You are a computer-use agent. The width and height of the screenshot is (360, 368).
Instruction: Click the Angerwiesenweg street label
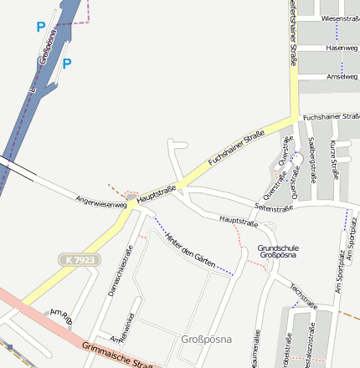100,201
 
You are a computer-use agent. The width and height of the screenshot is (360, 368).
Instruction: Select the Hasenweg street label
341,49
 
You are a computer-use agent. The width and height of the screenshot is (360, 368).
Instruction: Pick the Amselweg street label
342,76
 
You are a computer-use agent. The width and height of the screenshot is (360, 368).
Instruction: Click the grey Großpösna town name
205,340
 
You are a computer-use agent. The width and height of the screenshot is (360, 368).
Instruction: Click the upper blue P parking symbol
40,27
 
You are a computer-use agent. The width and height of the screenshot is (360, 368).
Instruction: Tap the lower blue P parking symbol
67,63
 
